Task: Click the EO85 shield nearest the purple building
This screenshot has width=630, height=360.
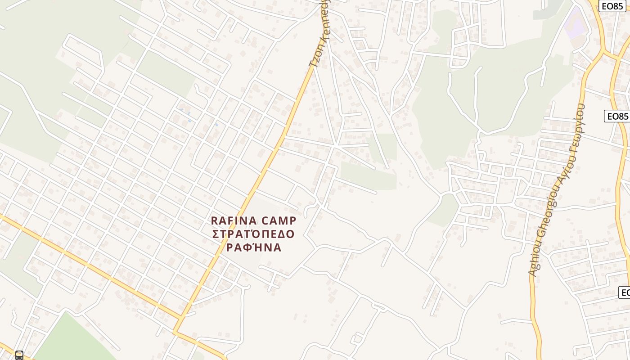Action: (612, 6)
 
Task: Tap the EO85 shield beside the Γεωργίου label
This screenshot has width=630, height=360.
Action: (617, 116)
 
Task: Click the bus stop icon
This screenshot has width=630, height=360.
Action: (19, 355)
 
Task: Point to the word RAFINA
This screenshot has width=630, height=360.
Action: (234, 221)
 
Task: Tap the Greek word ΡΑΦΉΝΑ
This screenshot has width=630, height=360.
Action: (253, 248)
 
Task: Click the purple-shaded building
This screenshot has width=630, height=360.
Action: (575, 22)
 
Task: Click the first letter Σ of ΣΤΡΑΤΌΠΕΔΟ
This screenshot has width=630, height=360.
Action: (216, 234)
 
